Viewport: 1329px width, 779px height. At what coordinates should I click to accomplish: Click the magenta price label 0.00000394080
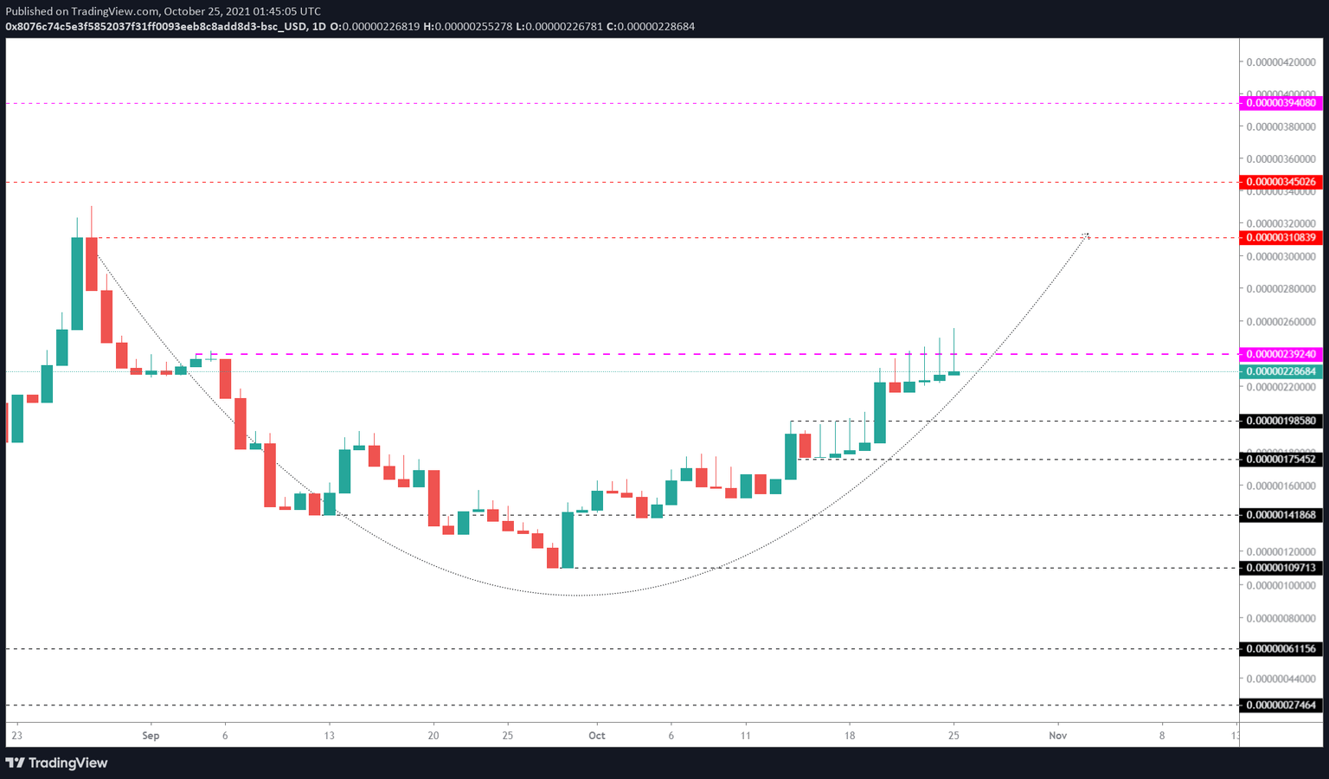1281,103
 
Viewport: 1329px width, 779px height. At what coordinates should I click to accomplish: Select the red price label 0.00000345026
1281,182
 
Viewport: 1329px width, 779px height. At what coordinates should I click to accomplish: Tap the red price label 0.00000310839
1281,237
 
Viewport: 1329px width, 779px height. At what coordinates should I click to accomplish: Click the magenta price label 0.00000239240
1281,354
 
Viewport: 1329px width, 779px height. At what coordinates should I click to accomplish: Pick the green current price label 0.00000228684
1281,371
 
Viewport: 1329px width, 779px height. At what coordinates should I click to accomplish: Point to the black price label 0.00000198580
1281,421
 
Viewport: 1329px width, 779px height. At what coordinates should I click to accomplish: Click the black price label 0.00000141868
1281,515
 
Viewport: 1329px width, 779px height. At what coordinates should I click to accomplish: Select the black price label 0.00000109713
1281,568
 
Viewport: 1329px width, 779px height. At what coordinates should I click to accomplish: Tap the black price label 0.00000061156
1281,648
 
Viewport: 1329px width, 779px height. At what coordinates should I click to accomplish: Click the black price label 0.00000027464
1281,705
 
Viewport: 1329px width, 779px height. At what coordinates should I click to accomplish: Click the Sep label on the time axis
151,736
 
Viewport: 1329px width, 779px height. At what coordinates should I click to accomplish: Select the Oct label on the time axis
597,736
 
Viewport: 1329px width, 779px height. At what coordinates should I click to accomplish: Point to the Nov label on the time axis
1057,736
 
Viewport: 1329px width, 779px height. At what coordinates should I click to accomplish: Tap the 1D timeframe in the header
318,26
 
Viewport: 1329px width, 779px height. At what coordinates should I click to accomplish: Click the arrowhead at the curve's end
1086,235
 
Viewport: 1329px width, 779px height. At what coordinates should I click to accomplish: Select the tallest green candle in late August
77,283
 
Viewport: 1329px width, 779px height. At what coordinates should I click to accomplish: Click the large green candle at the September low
568,540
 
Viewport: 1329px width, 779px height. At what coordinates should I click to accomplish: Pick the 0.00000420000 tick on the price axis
1281,62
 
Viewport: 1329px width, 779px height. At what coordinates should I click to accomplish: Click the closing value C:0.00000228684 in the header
651,26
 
